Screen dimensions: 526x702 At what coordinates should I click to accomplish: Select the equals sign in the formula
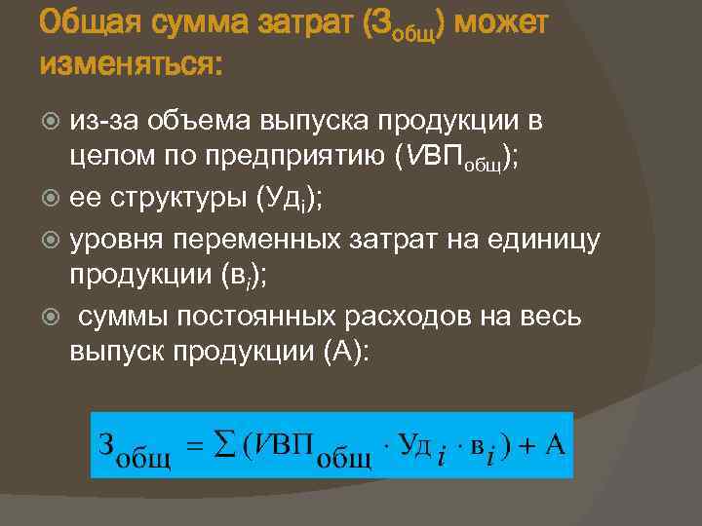tap(193, 446)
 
